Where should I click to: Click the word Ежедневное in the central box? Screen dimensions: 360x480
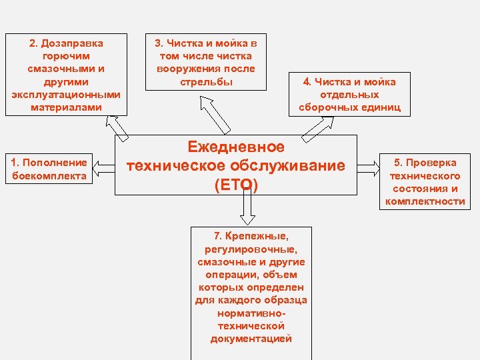click(x=236, y=147)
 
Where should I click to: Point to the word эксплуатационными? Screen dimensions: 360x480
click(x=65, y=94)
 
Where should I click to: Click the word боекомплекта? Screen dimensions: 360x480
click(x=49, y=175)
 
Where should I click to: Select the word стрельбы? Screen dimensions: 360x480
click(x=206, y=81)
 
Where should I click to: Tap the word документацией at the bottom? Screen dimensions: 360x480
click(x=251, y=339)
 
